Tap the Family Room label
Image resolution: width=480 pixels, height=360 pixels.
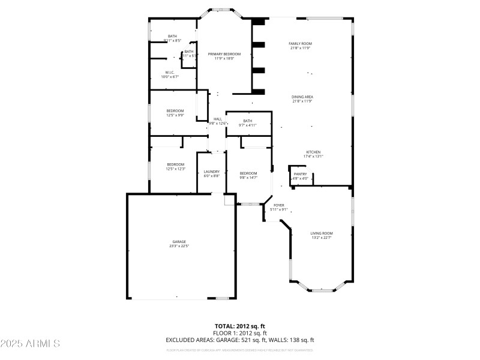click(300, 43)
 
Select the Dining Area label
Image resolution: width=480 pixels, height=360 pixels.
click(302, 97)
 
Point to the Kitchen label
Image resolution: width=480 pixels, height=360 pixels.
click(313, 152)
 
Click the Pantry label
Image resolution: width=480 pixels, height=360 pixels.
click(300, 174)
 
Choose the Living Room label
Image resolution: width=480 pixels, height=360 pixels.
click(322, 233)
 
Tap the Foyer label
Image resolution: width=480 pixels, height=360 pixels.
click(279, 205)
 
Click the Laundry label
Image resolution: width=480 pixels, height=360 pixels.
click(211, 172)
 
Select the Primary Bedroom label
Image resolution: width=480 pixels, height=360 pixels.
click(224, 54)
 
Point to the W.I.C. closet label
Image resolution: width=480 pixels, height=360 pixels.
click(170, 72)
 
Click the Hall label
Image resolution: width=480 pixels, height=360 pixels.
click(217, 119)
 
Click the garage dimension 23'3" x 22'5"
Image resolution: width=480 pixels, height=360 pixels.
click(179, 246)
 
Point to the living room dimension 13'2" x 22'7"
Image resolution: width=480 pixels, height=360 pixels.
click(322, 238)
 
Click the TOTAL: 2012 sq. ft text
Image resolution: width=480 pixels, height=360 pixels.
click(239, 326)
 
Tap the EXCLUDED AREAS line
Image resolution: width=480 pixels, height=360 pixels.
click(239, 340)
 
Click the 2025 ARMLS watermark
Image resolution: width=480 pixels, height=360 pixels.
click(30, 344)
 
